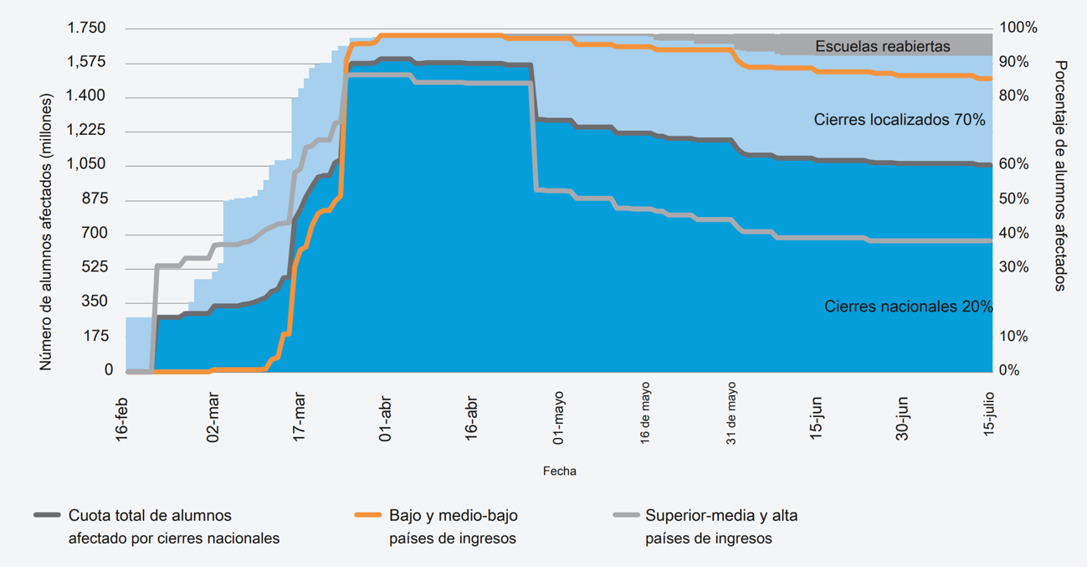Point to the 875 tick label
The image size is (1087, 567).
click(94, 199)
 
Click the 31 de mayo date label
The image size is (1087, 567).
click(731, 414)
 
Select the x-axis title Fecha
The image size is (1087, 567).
click(559, 471)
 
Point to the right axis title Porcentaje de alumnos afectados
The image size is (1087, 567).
click(1061, 175)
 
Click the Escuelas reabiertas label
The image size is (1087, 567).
click(882, 46)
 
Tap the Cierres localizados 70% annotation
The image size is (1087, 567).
click(900, 120)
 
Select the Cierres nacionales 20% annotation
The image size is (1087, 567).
click(908, 307)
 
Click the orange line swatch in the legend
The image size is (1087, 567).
click(368, 515)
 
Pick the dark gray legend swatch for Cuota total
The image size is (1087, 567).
click(47, 515)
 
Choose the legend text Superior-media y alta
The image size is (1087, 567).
click(721, 516)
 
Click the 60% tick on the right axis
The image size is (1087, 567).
click(1013, 165)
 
